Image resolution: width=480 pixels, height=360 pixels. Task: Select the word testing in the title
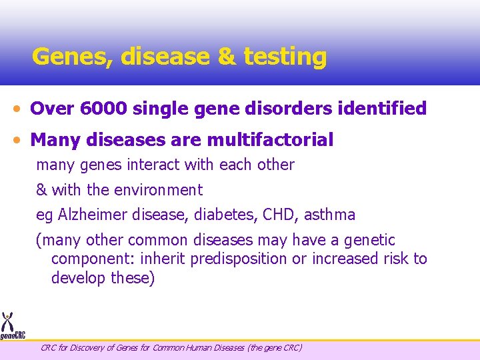285,57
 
